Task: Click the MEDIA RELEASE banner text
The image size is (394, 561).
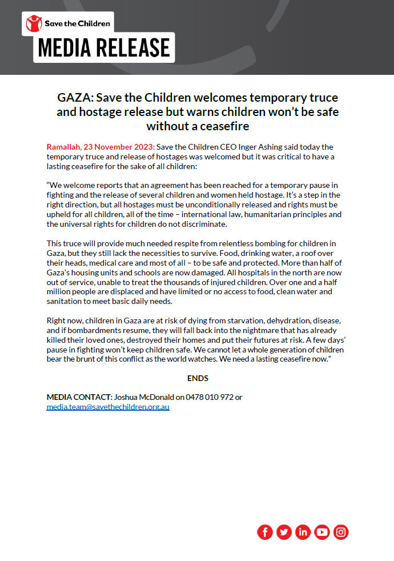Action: (x=104, y=48)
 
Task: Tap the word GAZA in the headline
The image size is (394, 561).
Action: (x=72, y=97)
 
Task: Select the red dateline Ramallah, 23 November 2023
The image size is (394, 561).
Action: (x=100, y=147)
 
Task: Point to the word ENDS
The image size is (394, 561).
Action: (x=198, y=378)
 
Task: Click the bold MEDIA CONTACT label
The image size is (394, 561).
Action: (x=79, y=397)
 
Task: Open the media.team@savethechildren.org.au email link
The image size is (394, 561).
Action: (x=108, y=407)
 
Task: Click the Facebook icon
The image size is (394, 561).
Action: (x=265, y=532)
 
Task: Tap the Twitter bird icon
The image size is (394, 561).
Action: (x=284, y=532)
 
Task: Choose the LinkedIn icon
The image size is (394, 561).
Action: (x=303, y=532)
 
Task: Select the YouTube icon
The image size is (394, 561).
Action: (x=322, y=532)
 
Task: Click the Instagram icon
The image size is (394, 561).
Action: (x=341, y=532)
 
